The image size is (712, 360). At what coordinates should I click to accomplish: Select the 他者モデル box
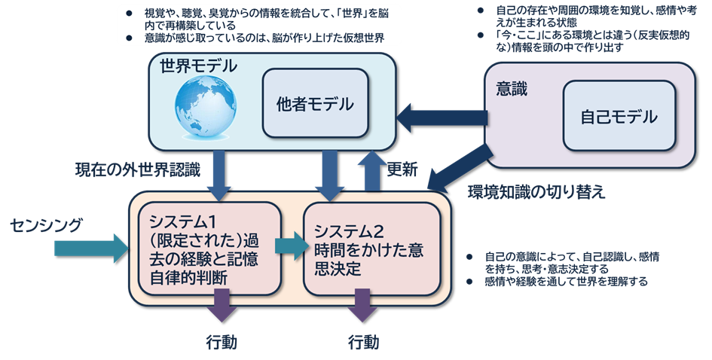pos(315,103)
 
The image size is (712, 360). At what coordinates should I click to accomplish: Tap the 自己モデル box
pos(619,117)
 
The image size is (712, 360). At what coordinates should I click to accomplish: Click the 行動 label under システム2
pos(364,342)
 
